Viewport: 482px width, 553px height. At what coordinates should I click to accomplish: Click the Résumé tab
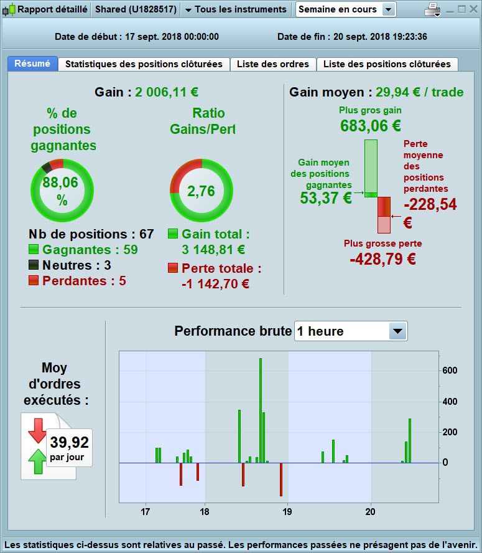[32, 64]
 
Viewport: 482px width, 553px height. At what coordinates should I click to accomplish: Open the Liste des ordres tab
[273, 64]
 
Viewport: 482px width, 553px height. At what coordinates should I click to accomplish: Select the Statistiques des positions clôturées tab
[144, 64]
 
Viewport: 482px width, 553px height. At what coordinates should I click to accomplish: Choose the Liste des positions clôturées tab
[387, 64]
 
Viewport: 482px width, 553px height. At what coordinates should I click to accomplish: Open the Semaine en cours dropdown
[389, 9]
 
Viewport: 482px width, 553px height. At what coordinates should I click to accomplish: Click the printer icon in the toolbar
[432, 9]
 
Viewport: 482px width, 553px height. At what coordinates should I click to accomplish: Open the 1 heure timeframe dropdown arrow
[397, 331]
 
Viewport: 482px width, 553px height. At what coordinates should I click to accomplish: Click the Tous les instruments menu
[240, 9]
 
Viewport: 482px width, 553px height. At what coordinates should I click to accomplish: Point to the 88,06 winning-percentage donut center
[62, 191]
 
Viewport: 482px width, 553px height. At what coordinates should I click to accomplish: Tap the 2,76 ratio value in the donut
[201, 191]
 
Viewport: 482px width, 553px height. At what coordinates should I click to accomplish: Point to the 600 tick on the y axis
[450, 371]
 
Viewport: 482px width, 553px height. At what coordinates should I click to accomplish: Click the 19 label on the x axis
[287, 512]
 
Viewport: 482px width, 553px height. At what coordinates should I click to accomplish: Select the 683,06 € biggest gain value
[371, 126]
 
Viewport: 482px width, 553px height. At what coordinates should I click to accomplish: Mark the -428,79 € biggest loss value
[383, 258]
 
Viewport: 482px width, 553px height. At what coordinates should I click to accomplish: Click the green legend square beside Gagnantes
[34, 249]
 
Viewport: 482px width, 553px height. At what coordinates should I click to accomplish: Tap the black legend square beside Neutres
[34, 265]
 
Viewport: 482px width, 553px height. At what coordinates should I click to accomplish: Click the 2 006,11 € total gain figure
[167, 92]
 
